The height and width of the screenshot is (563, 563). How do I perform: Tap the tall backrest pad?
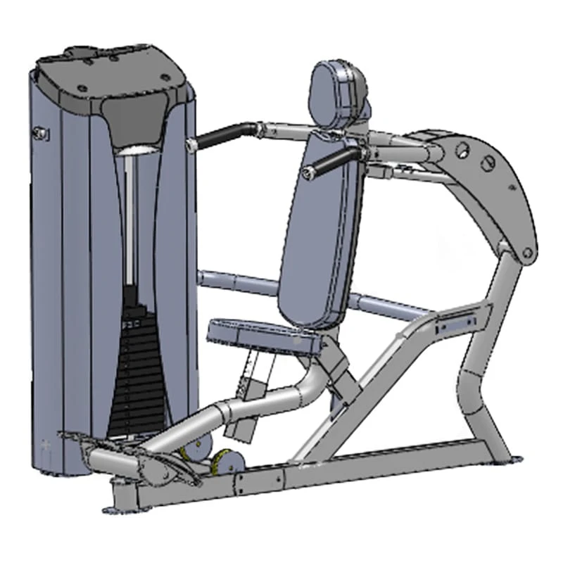(x=320, y=225)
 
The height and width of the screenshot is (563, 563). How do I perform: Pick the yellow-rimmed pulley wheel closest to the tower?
(x=190, y=450)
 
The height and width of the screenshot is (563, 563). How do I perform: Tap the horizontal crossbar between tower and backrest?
(x=239, y=281)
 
